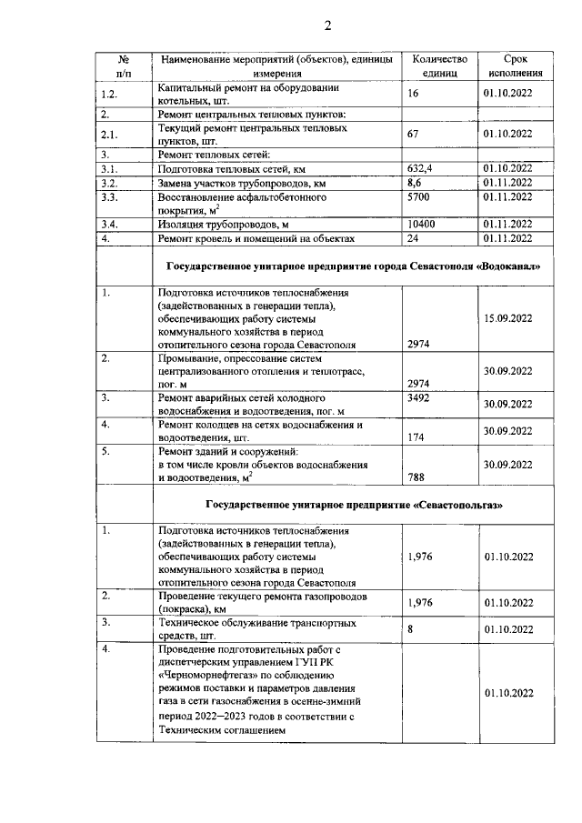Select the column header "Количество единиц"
439,65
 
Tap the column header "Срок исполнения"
515,65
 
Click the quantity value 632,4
423,169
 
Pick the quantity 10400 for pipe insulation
424,224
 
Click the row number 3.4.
111,224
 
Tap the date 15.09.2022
507,319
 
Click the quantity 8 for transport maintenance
412,629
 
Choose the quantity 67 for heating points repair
416,135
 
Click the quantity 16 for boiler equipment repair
415,94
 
